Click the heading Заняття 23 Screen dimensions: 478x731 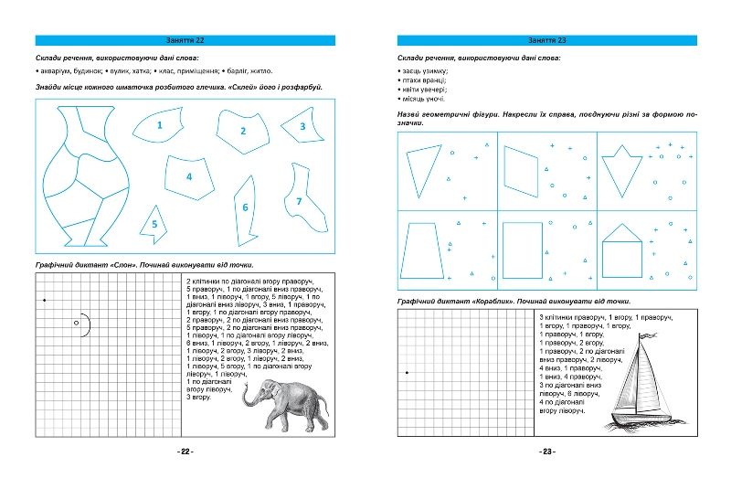click(547, 41)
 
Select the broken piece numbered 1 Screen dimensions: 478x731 click(157, 128)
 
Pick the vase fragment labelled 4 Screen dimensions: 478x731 click(188, 176)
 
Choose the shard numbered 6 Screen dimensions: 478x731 click(244, 208)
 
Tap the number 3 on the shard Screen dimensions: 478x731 click(302, 127)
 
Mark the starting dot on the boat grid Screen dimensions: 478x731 click(407, 373)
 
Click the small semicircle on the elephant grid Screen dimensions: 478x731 click(82, 324)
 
